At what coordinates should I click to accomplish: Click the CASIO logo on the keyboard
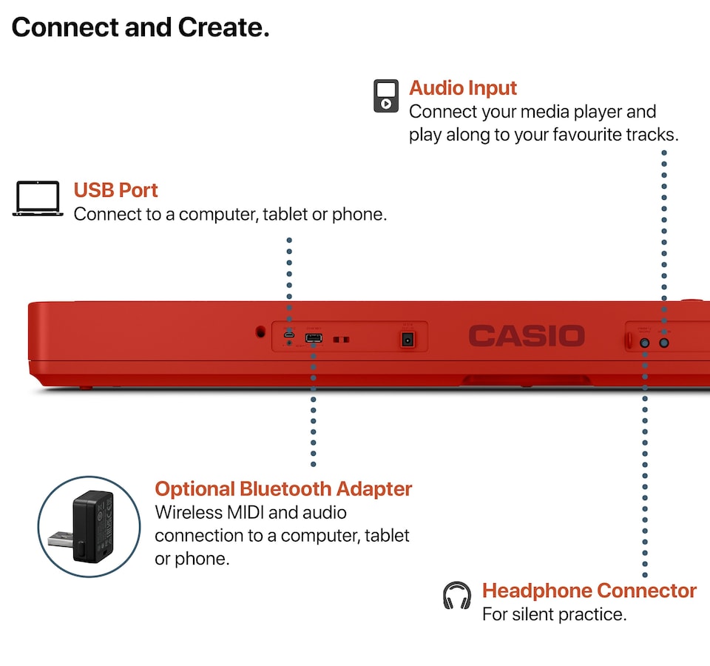tap(526, 336)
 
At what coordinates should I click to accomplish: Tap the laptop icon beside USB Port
tap(38, 199)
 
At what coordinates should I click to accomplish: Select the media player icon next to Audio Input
tap(385, 95)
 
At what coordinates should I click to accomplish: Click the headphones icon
tap(456, 596)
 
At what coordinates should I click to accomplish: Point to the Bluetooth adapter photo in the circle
tap(89, 526)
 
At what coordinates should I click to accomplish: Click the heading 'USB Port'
tap(115, 190)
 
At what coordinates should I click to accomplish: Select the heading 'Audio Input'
tap(463, 88)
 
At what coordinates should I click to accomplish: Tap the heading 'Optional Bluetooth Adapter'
tap(283, 489)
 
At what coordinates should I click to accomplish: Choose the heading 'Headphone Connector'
tap(589, 591)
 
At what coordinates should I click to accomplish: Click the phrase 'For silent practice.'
tap(554, 614)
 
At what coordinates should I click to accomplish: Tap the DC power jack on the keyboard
tap(407, 340)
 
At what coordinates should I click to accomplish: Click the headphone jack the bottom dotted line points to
tap(645, 343)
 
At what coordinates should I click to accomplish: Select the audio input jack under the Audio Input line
tap(664, 343)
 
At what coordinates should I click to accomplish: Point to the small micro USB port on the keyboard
tap(289, 339)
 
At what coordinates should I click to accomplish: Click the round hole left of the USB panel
tap(260, 332)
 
